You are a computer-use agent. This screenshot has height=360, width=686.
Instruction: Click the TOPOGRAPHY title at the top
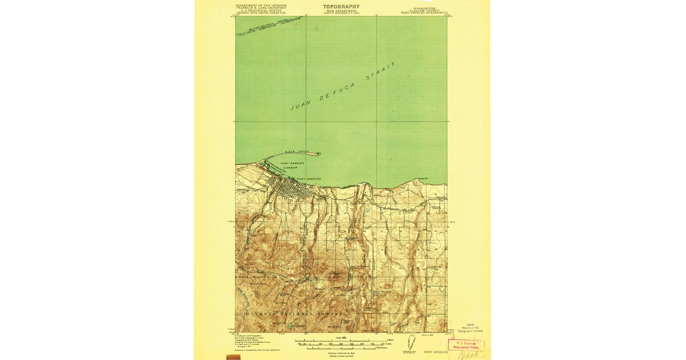[341, 6]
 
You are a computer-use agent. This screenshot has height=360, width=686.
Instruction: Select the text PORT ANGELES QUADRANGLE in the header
[425, 12]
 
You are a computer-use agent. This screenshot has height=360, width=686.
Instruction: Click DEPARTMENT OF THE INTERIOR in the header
[261, 5]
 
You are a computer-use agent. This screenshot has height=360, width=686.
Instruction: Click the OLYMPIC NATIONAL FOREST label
[294, 314]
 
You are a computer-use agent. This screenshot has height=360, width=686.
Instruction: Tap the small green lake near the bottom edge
[290, 325]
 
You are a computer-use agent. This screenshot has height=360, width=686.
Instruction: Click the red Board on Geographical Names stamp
[466, 345]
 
